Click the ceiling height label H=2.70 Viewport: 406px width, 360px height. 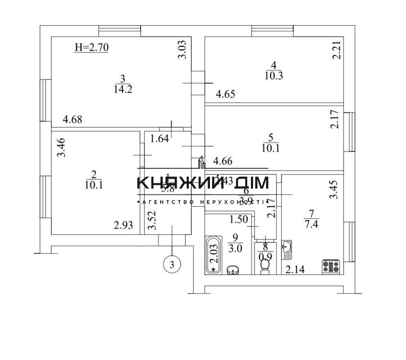[91, 47]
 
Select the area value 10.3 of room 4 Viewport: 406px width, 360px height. [274, 75]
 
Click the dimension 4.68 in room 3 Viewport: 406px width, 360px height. [73, 120]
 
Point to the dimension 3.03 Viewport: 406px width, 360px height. [182, 49]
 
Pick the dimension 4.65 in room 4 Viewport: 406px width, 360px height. [226, 94]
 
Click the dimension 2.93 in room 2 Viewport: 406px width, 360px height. [123, 225]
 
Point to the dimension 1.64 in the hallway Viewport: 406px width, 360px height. [160, 139]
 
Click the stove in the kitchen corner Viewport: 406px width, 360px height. [331, 266]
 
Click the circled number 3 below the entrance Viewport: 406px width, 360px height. [171, 264]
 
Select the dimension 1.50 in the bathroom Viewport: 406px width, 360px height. [238, 220]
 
